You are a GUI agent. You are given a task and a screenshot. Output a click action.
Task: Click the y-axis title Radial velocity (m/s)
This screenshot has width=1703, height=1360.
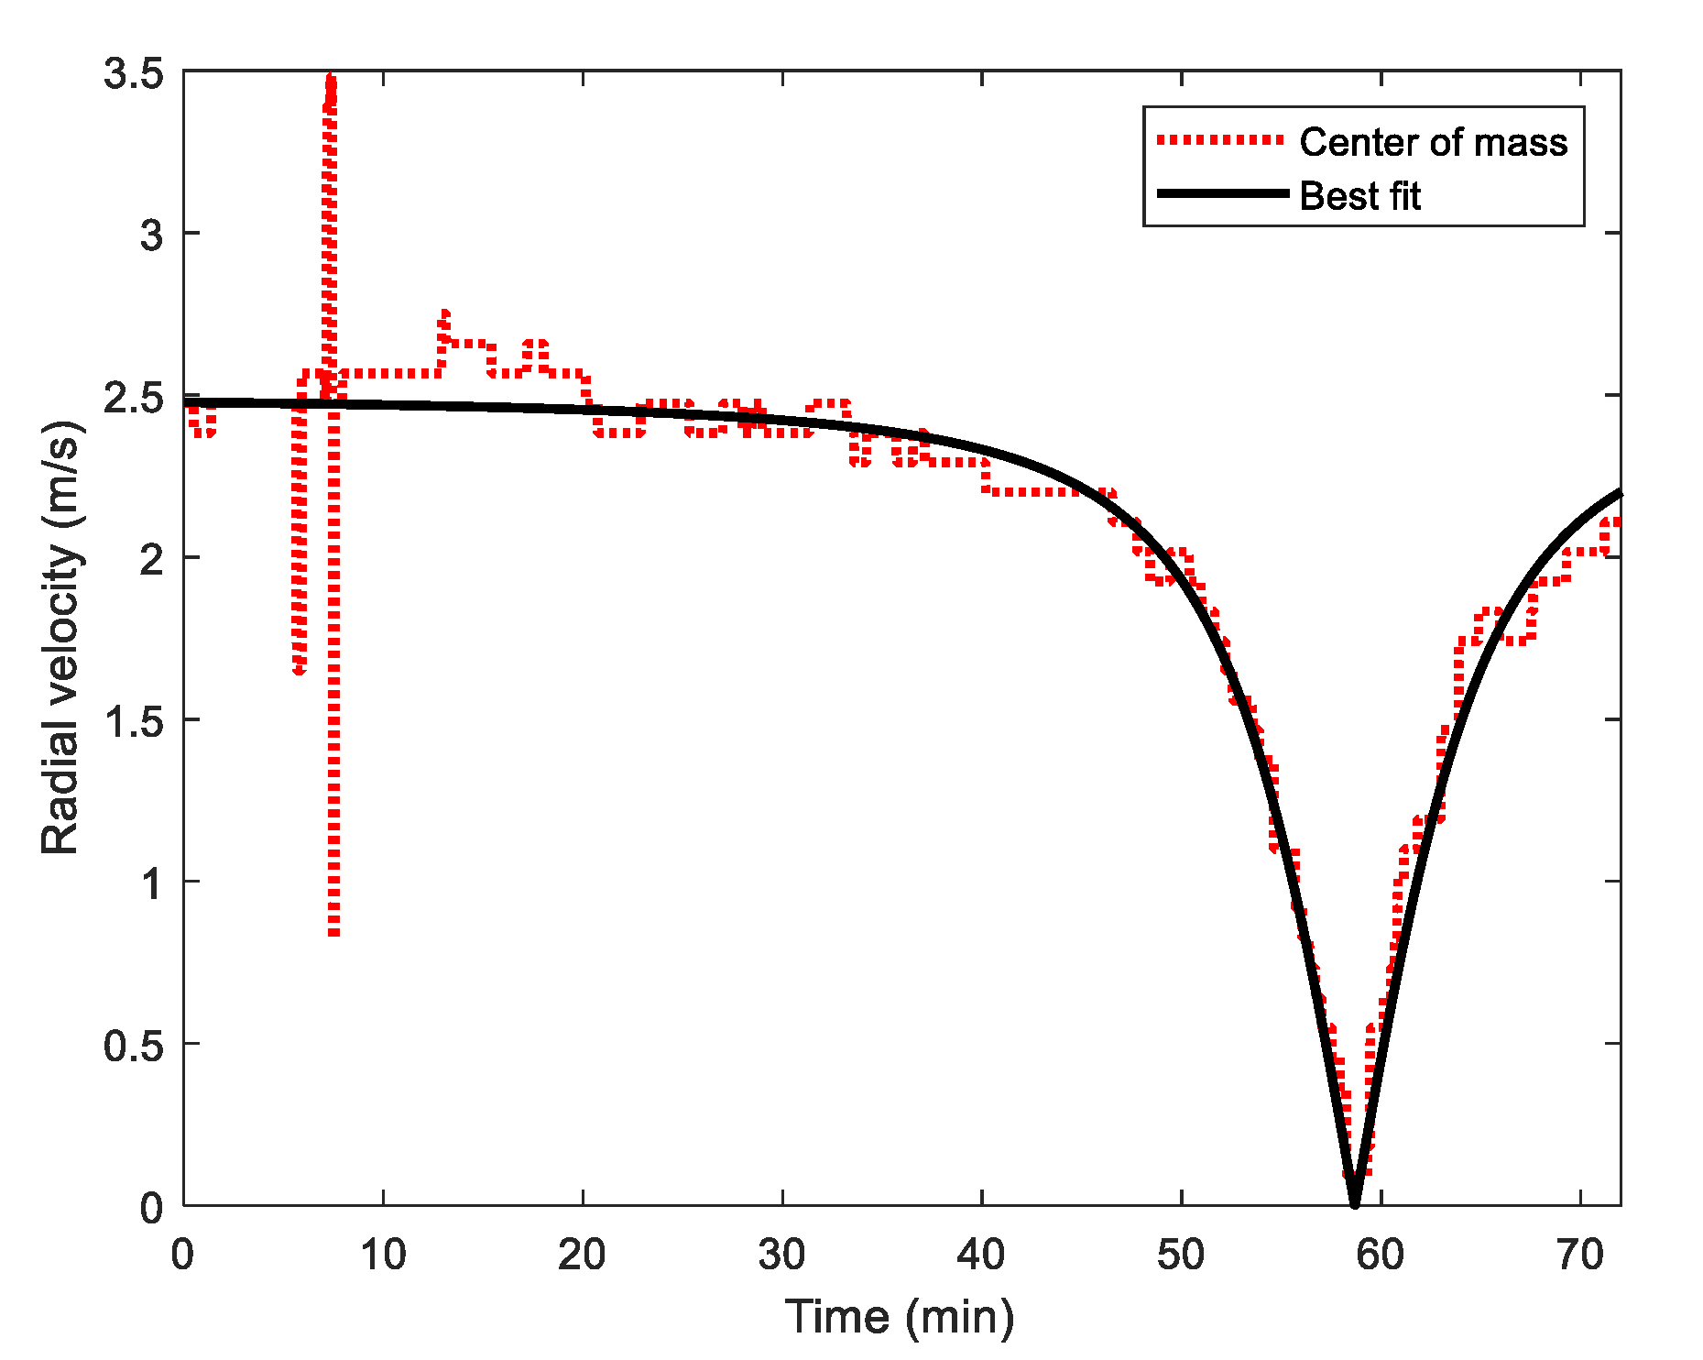pos(61,638)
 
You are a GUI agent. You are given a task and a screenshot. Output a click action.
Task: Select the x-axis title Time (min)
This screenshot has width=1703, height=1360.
pos(900,1318)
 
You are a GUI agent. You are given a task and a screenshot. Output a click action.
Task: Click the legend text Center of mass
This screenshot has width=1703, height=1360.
pos(1433,142)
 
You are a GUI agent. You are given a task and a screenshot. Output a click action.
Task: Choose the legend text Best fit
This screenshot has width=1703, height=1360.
pos(1359,196)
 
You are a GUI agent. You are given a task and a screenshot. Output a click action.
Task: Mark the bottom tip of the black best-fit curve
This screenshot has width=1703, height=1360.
pos(1355,1203)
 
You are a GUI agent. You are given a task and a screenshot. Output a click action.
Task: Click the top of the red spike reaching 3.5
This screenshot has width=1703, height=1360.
pos(331,79)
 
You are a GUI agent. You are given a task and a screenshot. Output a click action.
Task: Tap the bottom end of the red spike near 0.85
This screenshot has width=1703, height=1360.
pos(334,933)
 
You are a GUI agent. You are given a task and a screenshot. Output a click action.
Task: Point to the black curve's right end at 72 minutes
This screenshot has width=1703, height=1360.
pos(1619,494)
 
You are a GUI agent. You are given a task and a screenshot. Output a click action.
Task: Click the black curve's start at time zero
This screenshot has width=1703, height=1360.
pos(186,402)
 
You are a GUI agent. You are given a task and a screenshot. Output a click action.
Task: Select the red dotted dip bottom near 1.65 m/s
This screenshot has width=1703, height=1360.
pos(299,672)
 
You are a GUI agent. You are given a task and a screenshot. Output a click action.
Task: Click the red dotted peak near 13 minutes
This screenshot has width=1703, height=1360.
pos(444,314)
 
